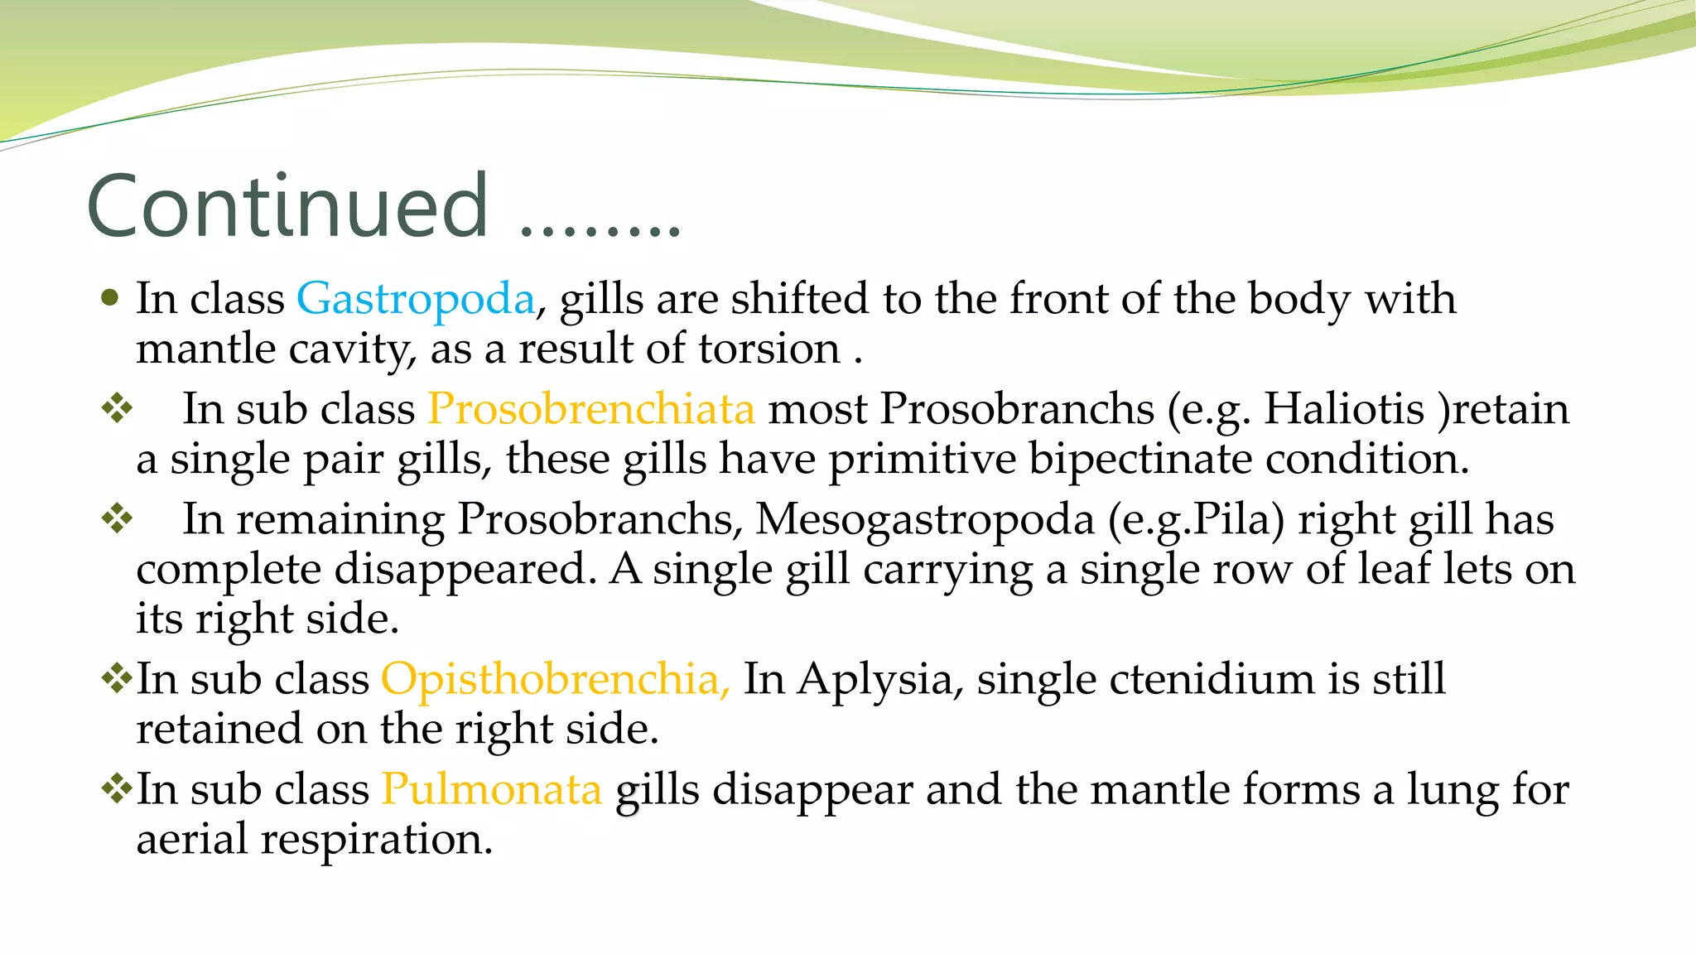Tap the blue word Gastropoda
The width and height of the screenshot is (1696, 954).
coord(416,299)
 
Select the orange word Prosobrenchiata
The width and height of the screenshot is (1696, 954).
coord(590,409)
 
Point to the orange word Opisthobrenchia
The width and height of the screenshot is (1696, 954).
coord(555,679)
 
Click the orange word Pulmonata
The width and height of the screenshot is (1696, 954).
coord(491,789)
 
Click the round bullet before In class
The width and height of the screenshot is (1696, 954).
coord(109,297)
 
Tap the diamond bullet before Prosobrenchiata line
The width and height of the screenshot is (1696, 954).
coord(117,407)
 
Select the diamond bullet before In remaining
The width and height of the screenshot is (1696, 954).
coord(117,518)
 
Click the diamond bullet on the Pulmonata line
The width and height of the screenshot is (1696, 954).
coord(117,788)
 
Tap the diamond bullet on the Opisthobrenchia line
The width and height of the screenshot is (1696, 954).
coord(117,678)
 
